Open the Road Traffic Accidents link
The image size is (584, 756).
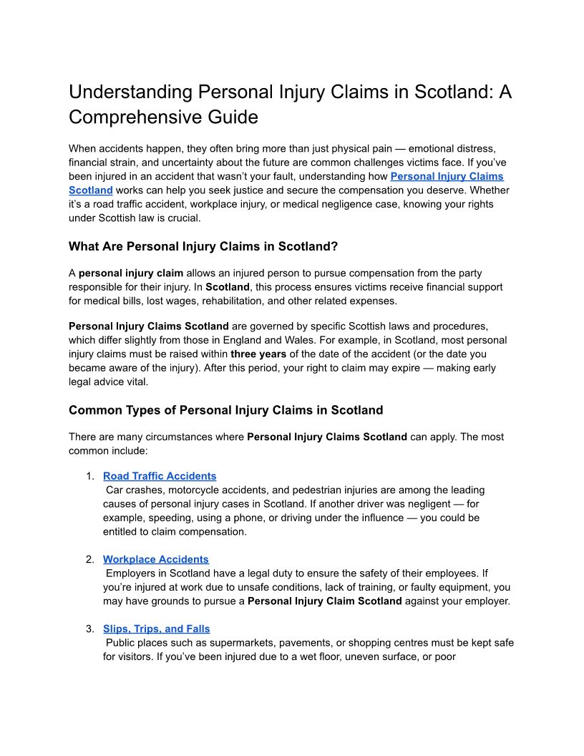pyautogui.click(x=160, y=476)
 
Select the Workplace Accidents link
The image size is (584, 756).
pyautogui.click(x=156, y=559)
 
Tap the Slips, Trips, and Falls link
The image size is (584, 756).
pyautogui.click(x=157, y=629)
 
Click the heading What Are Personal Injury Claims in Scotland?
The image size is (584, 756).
pyautogui.click(x=203, y=246)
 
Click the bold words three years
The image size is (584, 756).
pyautogui.click(x=258, y=354)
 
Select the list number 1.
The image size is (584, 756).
pyautogui.click(x=89, y=476)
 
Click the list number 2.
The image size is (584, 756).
pyautogui.click(x=89, y=559)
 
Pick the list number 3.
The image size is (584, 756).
pyautogui.click(x=89, y=629)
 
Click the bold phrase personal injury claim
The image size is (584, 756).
pyautogui.click(x=131, y=273)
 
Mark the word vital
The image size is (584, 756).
pyautogui.click(x=137, y=382)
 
